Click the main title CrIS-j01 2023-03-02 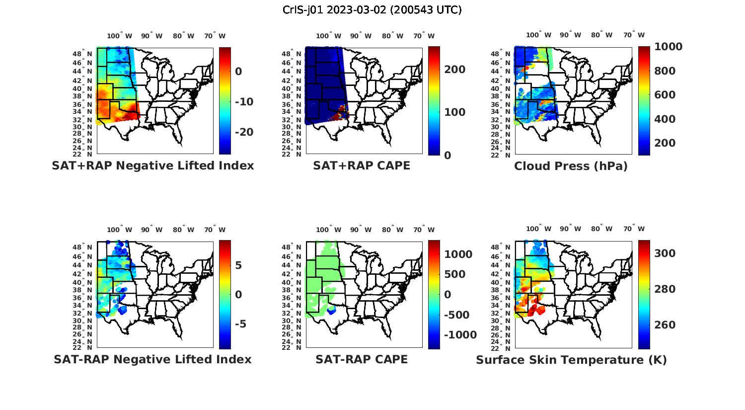[x=372, y=10]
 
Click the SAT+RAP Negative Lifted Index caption [x=153, y=166]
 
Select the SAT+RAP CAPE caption [x=362, y=166]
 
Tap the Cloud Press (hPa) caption [x=571, y=166]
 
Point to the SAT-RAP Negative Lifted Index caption [x=152, y=359]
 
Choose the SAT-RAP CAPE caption [x=362, y=359]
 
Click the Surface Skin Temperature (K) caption [x=571, y=360]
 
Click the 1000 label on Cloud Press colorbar [x=668, y=47]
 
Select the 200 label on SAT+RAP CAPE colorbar [x=455, y=70]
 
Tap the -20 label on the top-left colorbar [x=244, y=132]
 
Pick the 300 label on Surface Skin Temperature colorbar [x=665, y=253]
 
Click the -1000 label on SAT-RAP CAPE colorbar [x=460, y=335]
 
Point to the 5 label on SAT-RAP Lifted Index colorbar [x=238, y=265]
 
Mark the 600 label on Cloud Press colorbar [x=665, y=95]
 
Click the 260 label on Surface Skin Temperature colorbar [x=665, y=325]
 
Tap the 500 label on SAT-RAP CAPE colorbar [x=455, y=274]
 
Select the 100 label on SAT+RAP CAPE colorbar [x=455, y=112]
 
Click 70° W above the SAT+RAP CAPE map [x=424, y=36]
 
